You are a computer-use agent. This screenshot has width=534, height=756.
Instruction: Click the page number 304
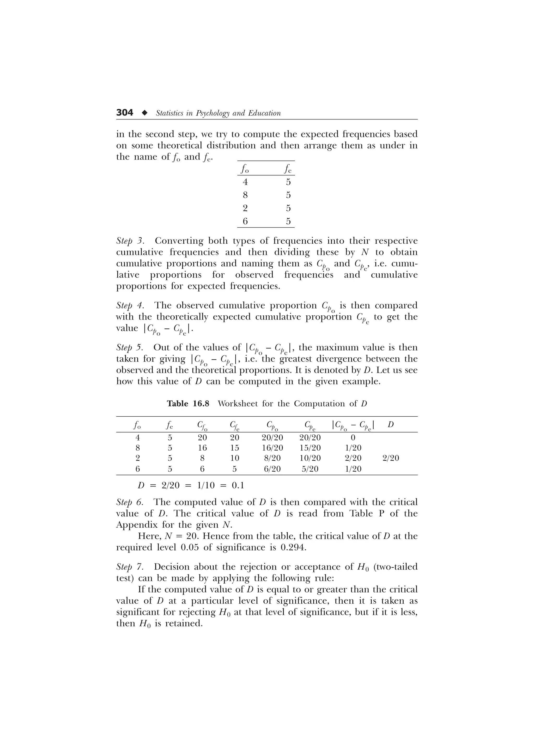coord(125,113)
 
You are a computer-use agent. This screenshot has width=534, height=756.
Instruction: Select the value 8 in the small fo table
coord(245,195)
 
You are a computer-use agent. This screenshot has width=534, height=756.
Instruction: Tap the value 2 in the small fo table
coord(245,208)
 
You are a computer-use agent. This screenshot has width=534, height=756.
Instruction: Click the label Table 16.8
coord(188,404)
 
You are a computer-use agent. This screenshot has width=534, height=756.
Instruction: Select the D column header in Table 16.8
coord(391,425)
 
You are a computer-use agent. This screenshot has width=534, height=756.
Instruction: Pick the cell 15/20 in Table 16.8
coord(310,448)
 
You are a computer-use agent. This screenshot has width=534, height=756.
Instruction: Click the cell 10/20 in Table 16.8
coord(310,458)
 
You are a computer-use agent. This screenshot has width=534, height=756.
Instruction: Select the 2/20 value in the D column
coord(391,458)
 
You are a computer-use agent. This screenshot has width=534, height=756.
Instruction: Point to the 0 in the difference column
coord(353,437)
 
